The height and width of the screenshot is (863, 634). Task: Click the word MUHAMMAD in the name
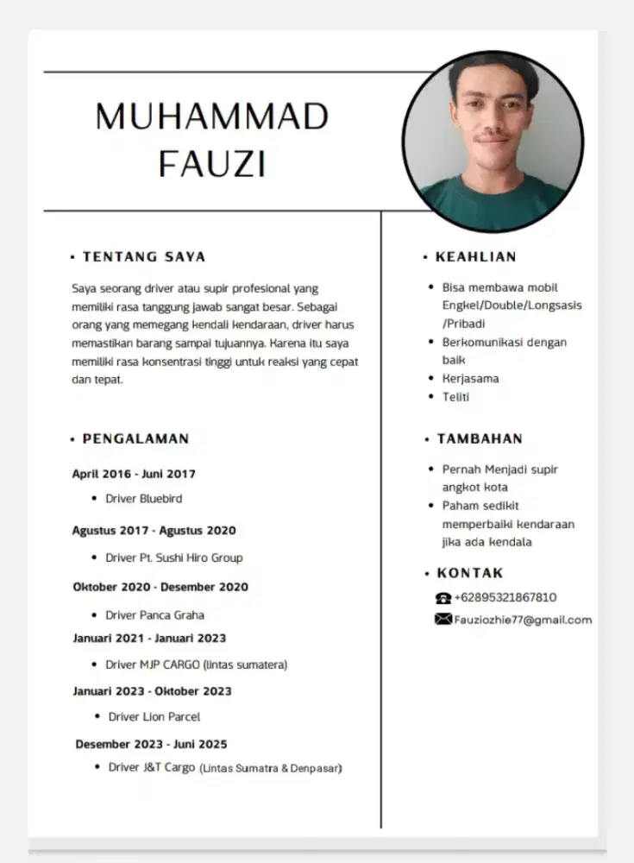coord(212,117)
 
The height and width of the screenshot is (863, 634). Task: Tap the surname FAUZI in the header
coord(212,163)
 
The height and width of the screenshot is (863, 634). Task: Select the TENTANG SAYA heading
coord(144,256)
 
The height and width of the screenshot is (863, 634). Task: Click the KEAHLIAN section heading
coord(475,256)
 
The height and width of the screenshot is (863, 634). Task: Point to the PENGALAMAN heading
coord(135,438)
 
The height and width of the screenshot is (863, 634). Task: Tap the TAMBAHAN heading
coord(479,438)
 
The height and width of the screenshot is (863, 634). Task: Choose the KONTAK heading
coord(470,573)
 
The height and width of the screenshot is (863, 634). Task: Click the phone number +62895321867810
coord(505,597)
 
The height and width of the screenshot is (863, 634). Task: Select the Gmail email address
coord(523,620)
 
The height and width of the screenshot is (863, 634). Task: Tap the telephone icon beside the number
coord(443,598)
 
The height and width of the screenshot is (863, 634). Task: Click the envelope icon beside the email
coord(443,620)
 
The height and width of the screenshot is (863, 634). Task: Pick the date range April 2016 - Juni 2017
coord(134,474)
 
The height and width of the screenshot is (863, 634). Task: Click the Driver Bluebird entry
coord(144,499)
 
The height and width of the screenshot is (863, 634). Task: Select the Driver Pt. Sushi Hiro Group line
coord(174,558)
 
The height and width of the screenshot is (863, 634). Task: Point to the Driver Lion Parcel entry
coord(154,717)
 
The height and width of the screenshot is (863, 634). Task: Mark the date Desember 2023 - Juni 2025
coord(151,744)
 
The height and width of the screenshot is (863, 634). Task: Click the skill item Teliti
coord(455,397)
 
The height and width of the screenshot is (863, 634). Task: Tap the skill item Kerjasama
coord(470,379)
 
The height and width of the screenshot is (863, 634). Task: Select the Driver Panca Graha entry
coord(155,615)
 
